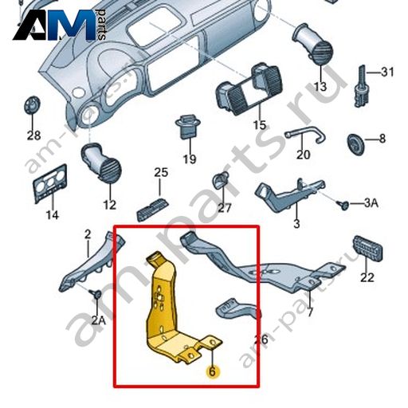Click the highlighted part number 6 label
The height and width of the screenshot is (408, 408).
pyautogui.click(x=212, y=371)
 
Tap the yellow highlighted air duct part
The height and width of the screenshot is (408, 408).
pyautogui.click(x=165, y=305)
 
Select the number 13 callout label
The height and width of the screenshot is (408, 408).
pyautogui.click(x=320, y=87)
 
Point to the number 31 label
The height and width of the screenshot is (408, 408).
pyautogui.click(x=387, y=72)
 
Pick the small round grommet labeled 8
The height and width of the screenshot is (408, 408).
pyautogui.click(x=355, y=143)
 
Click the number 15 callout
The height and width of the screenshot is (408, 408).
pyautogui.click(x=260, y=124)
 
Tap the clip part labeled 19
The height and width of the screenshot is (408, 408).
pyautogui.click(x=188, y=127)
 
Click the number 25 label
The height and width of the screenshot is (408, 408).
pyautogui.click(x=161, y=172)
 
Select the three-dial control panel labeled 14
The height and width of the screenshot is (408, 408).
pyautogui.click(x=50, y=183)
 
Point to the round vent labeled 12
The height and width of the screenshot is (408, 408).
pyautogui.click(x=101, y=163)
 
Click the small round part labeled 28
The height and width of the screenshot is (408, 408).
pyautogui.click(x=33, y=105)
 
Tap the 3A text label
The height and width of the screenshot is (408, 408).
pyautogui.click(x=371, y=203)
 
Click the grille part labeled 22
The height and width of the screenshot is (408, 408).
pyautogui.click(x=368, y=247)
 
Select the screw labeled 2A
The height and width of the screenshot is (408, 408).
pyautogui.click(x=95, y=294)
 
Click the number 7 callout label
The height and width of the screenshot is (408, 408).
pyautogui.click(x=310, y=312)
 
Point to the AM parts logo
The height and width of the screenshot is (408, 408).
pyautogui.click(x=60, y=25)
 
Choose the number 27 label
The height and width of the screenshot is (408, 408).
pyautogui.click(x=225, y=208)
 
